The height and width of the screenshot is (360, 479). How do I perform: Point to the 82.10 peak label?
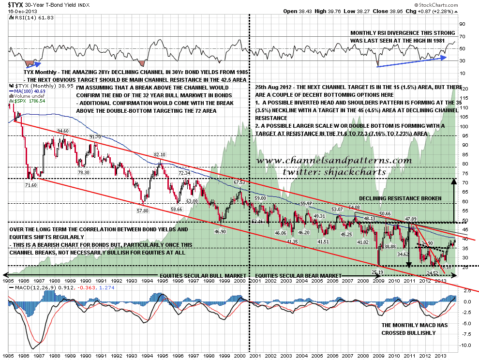pos(160,155)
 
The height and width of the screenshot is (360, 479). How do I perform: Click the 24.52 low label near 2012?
pos(433,273)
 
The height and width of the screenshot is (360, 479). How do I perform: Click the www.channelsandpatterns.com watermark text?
pos(333,160)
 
